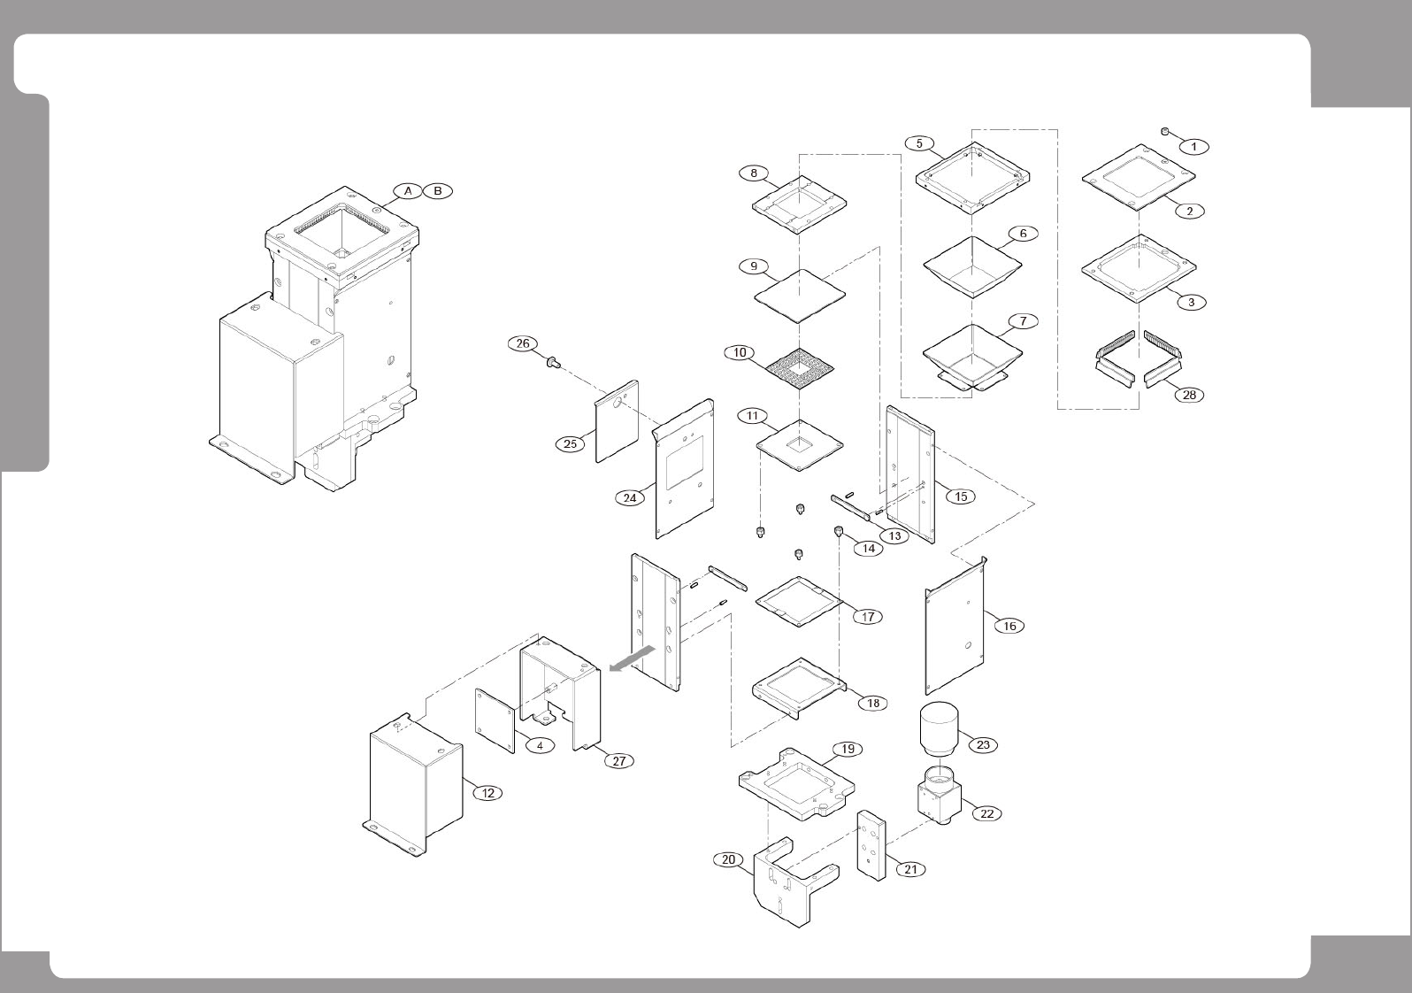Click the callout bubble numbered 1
click(1193, 147)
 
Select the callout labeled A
click(408, 191)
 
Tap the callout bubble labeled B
click(438, 191)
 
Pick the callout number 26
click(523, 343)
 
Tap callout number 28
click(1190, 395)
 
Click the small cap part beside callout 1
click(1165, 132)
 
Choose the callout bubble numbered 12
click(488, 793)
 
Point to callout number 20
click(728, 859)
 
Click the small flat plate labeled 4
click(495, 720)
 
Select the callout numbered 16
click(1009, 626)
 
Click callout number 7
click(1023, 321)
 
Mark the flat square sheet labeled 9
click(800, 296)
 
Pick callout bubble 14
click(868, 549)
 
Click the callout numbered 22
click(987, 813)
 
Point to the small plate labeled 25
click(617, 420)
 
